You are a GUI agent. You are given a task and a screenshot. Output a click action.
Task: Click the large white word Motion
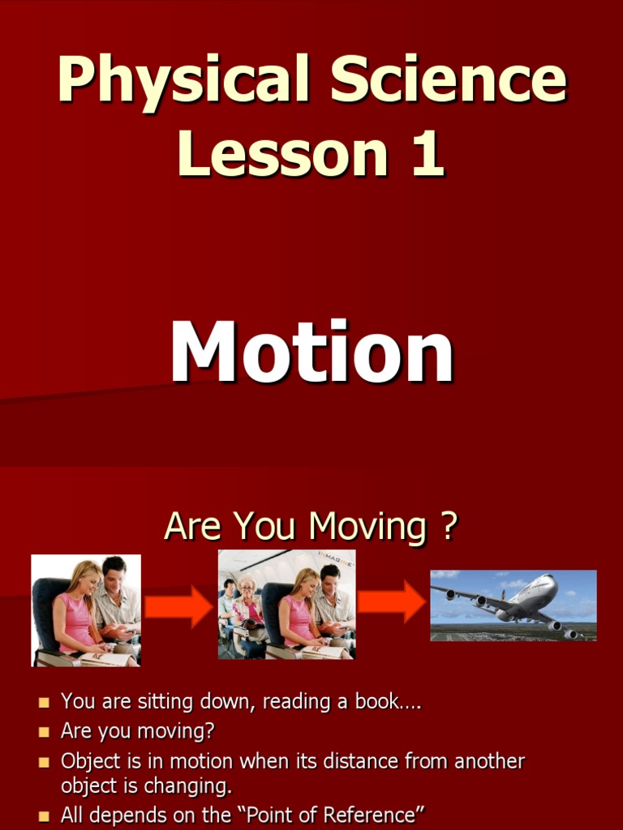point(311,353)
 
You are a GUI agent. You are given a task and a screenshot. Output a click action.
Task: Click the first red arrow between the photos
point(178,607)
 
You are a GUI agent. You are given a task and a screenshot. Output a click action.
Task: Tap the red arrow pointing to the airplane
point(391,601)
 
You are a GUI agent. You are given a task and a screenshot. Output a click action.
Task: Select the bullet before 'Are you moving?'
point(44,732)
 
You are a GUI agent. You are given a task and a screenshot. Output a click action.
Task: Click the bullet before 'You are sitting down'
point(44,702)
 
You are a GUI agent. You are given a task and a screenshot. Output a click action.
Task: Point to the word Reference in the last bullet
point(372,815)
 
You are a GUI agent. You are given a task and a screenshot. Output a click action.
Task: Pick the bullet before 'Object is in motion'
point(44,762)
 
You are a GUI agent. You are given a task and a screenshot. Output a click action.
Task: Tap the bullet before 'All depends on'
point(44,815)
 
